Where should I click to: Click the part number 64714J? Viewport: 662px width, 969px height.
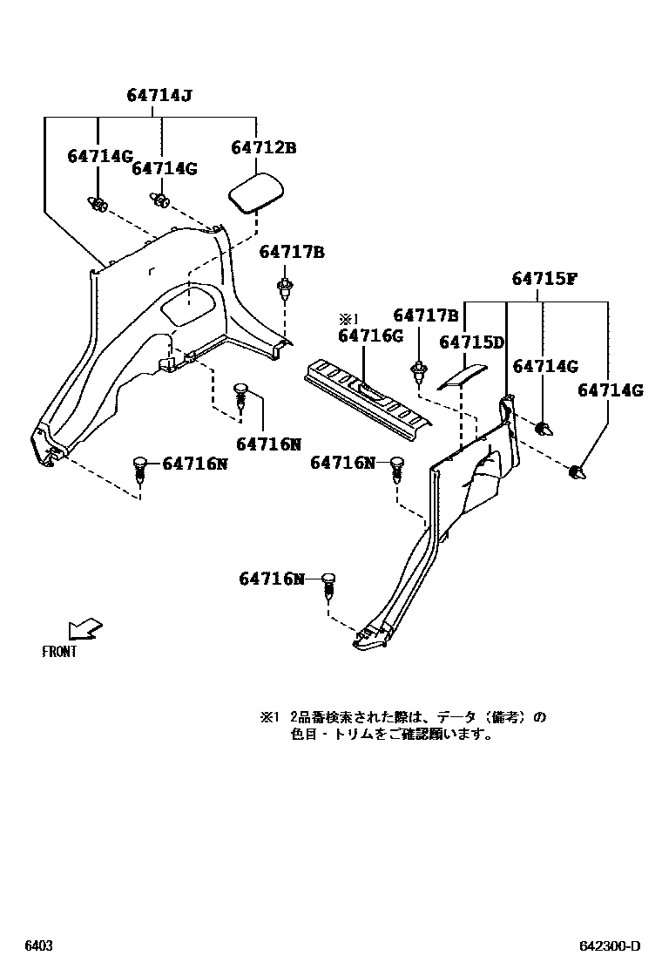159,98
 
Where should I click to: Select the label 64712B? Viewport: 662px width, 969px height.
263,148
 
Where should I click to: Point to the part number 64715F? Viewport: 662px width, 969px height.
544,279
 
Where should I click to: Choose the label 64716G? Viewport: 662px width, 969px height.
370,336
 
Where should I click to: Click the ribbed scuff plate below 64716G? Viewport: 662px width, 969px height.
367,397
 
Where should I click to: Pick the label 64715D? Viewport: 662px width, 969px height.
471,342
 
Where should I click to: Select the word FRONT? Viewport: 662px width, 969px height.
59,651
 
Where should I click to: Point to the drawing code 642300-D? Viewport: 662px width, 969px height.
610,946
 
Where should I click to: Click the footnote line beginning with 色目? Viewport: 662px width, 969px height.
392,735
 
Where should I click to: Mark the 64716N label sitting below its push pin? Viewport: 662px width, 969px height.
268,444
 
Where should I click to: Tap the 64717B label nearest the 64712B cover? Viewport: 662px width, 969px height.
291,253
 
